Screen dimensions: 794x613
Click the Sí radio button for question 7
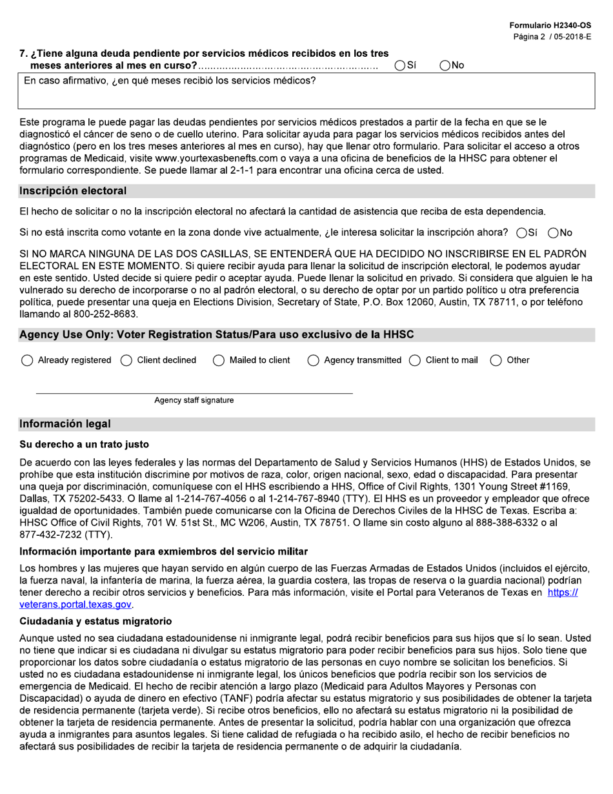[x=400, y=65]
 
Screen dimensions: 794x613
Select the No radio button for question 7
[x=445, y=65]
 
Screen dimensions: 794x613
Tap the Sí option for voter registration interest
[x=521, y=233]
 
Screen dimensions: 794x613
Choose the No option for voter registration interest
[x=552, y=233]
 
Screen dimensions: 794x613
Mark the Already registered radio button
[x=27, y=361]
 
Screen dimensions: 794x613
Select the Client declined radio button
[x=126, y=361]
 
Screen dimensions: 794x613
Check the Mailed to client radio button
[x=219, y=361]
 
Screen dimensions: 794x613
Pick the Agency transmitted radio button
[x=313, y=361]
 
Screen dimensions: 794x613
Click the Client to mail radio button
[x=415, y=361]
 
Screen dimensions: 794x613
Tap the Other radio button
[x=496, y=361]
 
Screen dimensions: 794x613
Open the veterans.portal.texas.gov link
[x=75, y=605]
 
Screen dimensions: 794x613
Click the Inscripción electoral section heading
[x=73, y=191]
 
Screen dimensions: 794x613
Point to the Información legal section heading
[x=65, y=424]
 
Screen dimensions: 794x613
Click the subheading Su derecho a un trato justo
[x=84, y=445]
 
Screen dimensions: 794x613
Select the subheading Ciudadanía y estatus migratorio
[x=95, y=621]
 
